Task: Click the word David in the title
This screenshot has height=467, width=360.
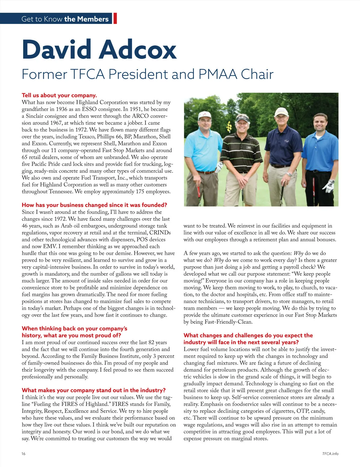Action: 57,49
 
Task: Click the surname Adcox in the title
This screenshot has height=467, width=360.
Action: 138,49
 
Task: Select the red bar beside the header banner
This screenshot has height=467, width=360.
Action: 115,18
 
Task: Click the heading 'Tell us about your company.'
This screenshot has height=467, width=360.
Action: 59,95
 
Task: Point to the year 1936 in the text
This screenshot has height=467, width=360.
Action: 61,109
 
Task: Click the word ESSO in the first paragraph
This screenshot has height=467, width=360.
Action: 89,109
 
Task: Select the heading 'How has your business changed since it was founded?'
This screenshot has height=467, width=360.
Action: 94,205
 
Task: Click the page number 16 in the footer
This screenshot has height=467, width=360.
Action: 23,454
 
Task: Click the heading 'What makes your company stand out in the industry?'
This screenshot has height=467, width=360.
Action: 94,390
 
